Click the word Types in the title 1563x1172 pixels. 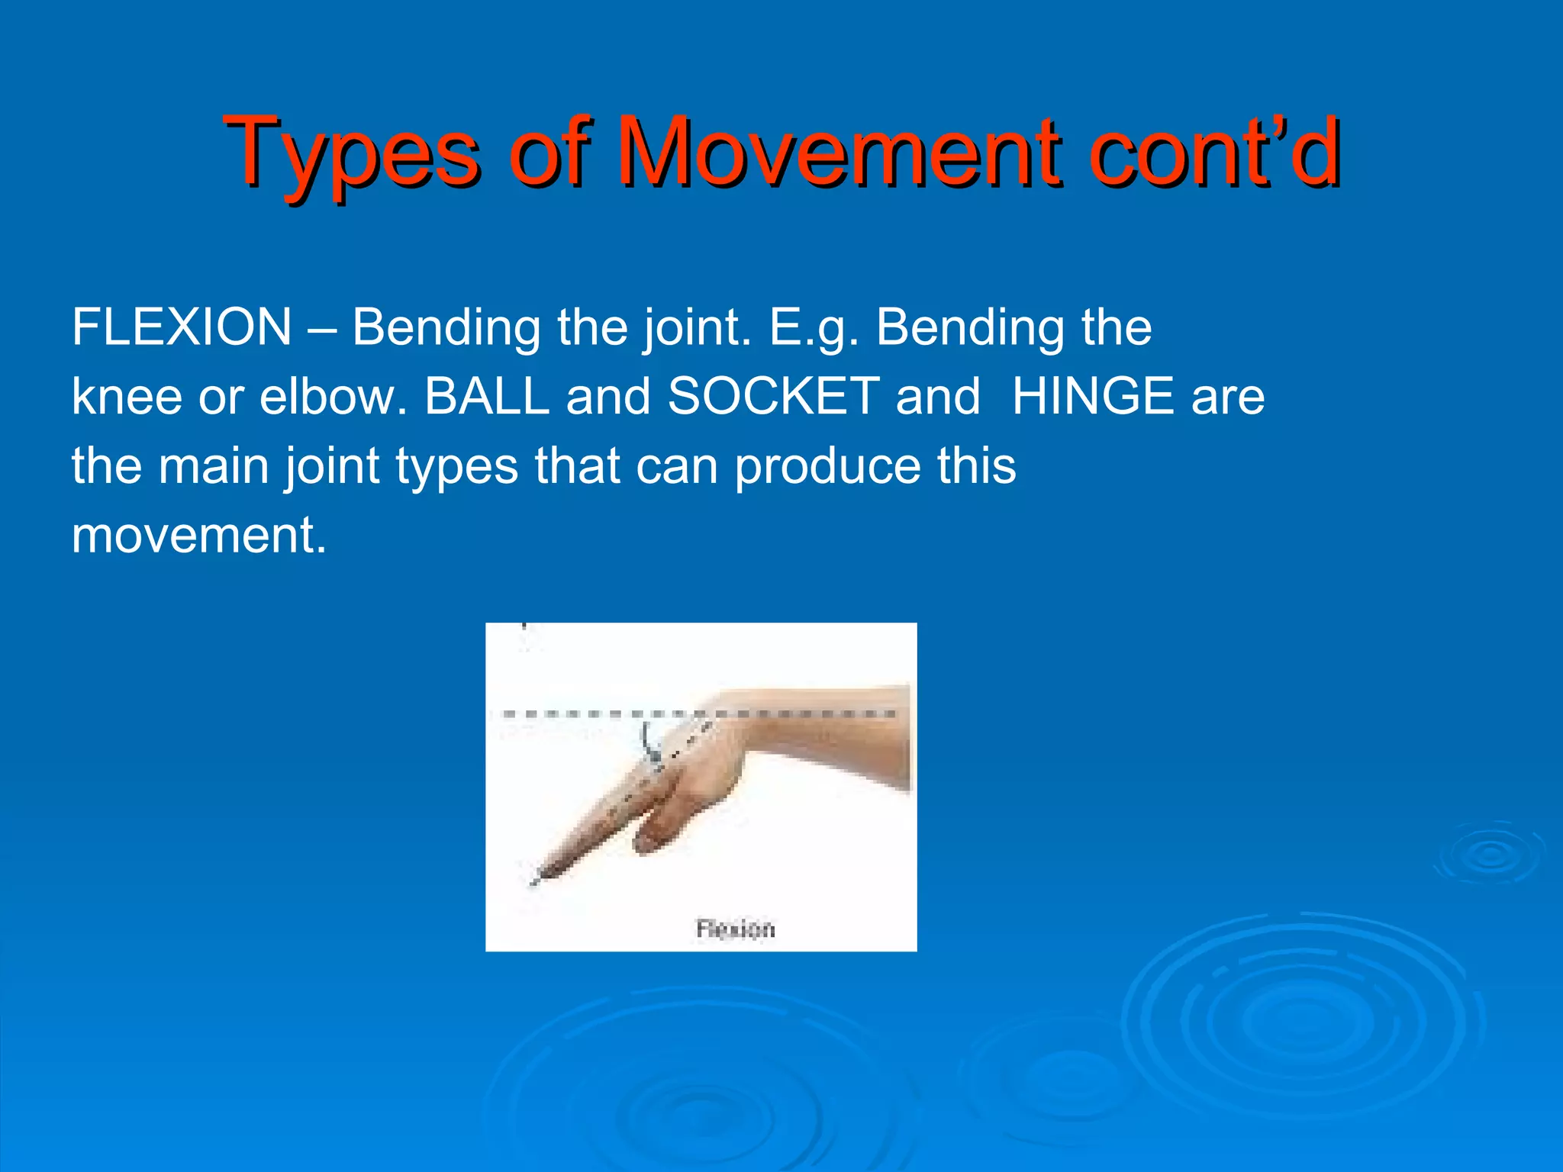(x=351, y=153)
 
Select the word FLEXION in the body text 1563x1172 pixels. (x=182, y=327)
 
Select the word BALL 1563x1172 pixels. (x=487, y=397)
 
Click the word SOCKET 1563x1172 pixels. (x=774, y=397)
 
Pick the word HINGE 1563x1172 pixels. (x=1092, y=397)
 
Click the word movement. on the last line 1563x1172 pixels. (x=198, y=535)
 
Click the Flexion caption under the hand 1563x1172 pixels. (x=735, y=929)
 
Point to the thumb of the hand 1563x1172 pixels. (x=656, y=832)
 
